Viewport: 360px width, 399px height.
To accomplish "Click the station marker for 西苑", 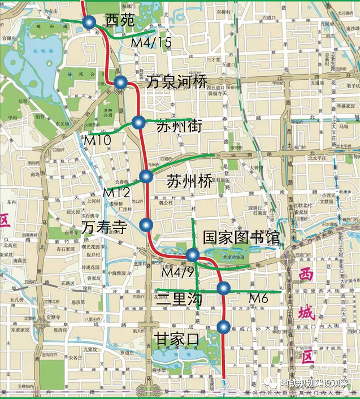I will click(89, 22).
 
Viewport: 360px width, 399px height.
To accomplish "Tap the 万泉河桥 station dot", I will click(120, 84).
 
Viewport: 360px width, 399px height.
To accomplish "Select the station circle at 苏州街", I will click(138, 122).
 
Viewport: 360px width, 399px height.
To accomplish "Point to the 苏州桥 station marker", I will click(147, 176).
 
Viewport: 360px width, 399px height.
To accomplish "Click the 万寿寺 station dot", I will click(146, 224).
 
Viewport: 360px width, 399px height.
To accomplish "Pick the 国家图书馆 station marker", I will click(192, 255).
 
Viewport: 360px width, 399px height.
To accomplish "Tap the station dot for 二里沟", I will click(224, 289).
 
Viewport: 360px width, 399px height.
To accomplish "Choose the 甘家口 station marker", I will click(223, 327).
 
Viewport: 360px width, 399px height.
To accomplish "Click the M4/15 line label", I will click(151, 42).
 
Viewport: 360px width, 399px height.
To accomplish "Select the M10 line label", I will click(97, 138).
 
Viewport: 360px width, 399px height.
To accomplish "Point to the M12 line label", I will click(117, 192).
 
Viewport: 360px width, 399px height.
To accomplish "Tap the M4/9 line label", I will click(179, 272).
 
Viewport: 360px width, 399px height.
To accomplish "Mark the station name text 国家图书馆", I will click(241, 237).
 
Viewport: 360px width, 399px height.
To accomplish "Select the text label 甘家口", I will click(177, 338).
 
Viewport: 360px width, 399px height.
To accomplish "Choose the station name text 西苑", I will click(119, 21).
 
